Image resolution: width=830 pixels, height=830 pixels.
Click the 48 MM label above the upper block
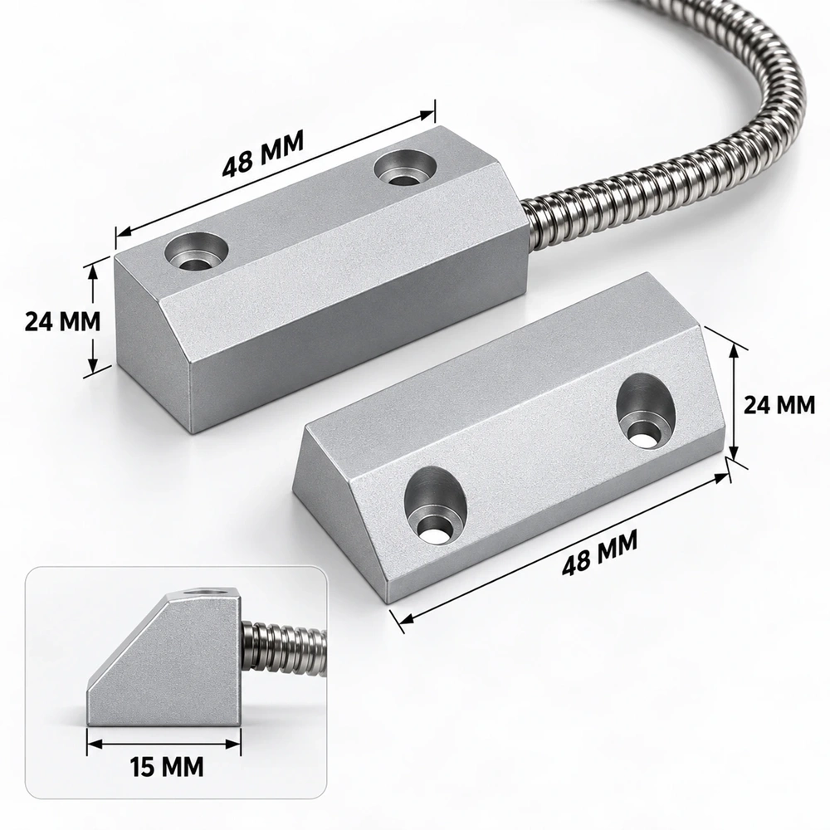point(262,154)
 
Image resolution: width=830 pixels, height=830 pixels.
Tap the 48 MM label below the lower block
point(599,553)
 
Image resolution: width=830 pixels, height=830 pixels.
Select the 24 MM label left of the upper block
point(62,321)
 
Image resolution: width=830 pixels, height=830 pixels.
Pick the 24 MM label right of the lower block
point(779,405)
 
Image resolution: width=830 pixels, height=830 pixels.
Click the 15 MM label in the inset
point(167,766)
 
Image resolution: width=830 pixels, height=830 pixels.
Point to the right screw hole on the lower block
point(647,413)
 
